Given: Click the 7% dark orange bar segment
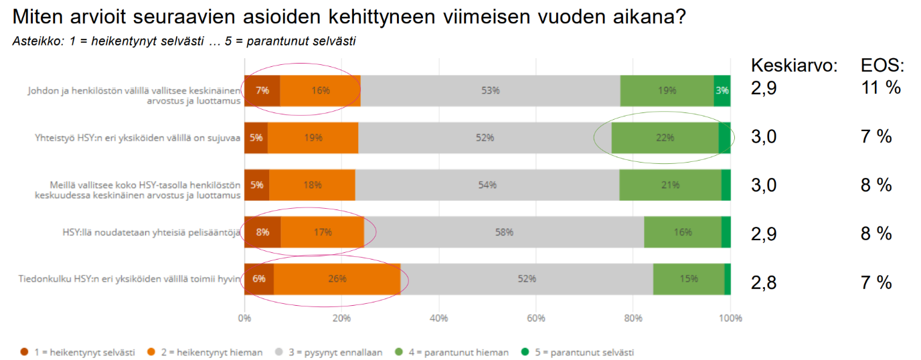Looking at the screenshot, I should click(x=262, y=91).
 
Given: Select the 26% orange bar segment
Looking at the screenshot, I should click(x=337, y=279).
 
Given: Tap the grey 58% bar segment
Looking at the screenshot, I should click(x=503, y=232).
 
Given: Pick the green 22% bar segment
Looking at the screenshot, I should click(x=664, y=138).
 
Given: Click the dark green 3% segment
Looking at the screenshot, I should click(x=722, y=91).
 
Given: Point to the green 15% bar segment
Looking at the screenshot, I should click(x=689, y=279).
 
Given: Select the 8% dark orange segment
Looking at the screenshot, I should click(x=262, y=232).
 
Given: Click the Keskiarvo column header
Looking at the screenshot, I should click(x=794, y=66).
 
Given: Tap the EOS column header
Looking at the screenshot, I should click(x=882, y=66).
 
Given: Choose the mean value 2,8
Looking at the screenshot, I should click(x=764, y=282).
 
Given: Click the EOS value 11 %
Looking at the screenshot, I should click(x=880, y=88).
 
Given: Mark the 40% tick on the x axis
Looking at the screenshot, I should click(x=439, y=319).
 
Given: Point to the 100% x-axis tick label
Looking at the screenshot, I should click(x=730, y=319).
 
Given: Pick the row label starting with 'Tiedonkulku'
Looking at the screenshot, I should click(x=129, y=279).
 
